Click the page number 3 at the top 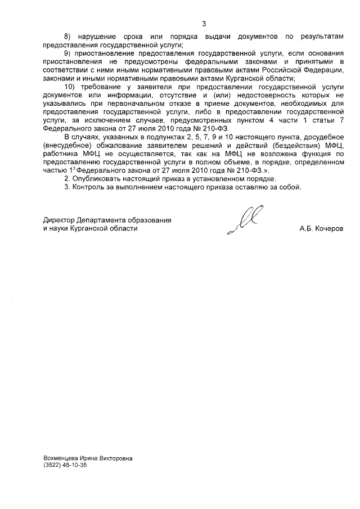[x=204, y=23]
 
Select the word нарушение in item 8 [x=97, y=36]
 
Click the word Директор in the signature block [x=60, y=220]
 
